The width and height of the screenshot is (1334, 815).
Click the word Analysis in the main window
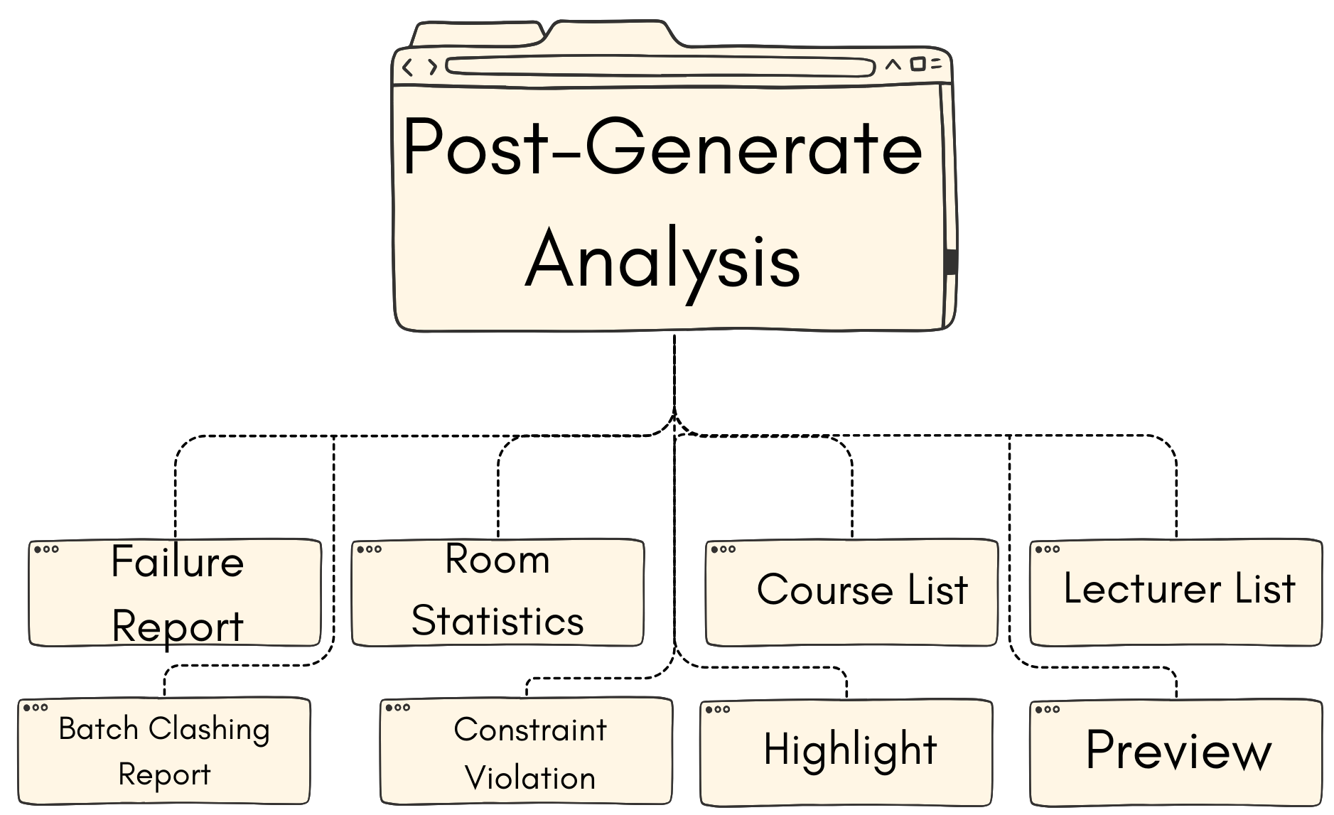[662, 261]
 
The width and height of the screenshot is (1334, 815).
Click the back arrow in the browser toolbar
[407, 68]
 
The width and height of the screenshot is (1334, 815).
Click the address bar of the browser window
[660, 68]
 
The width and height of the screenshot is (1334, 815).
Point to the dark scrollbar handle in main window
[951, 261]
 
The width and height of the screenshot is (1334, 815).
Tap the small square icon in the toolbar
[918, 65]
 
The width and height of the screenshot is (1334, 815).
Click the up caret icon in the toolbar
[893, 65]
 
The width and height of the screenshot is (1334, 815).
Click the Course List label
[861, 590]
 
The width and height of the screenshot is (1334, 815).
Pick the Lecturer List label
[1179, 588]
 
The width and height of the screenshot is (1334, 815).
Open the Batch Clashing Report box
[164, 751]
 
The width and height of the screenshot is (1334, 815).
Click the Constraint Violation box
[529, 753]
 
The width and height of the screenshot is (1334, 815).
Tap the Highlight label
[850, 750]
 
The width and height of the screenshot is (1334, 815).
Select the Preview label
[1178, 750]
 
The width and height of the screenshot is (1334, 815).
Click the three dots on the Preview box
[1048, 709]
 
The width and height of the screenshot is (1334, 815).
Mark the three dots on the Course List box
[724, 549]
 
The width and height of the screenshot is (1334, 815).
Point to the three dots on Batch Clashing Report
[36, 708]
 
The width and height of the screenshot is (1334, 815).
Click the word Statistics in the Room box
[497, 621]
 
